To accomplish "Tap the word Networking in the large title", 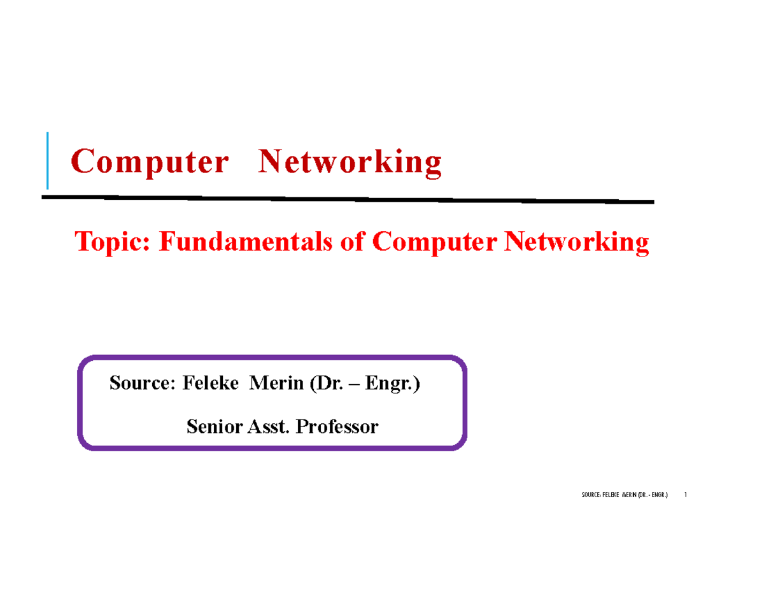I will (349, 163).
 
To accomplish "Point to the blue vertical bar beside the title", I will (47, 160).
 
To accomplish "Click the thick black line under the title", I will (347, 199).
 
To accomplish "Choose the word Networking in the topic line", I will (576, 243).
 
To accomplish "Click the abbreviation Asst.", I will (267, 426).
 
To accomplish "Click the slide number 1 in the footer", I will (684, 495).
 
